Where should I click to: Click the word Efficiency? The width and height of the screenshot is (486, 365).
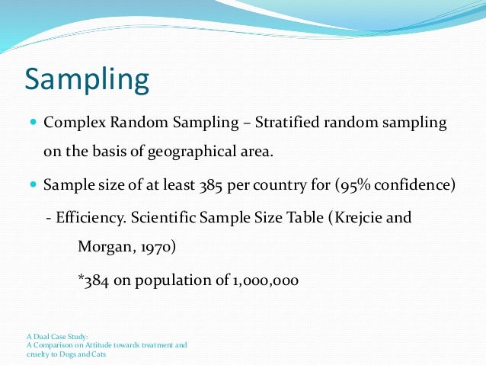coord(88,217)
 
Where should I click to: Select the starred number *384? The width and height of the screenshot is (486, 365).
coord(94,280)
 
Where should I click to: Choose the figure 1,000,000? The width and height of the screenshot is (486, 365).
coord(263,280)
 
